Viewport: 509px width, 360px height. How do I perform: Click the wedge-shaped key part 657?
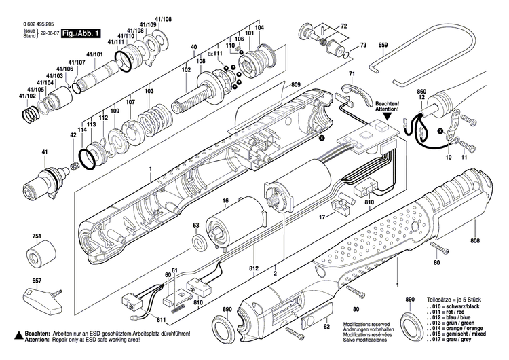point(42,295)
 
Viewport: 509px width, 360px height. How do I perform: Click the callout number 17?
point(323,216)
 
